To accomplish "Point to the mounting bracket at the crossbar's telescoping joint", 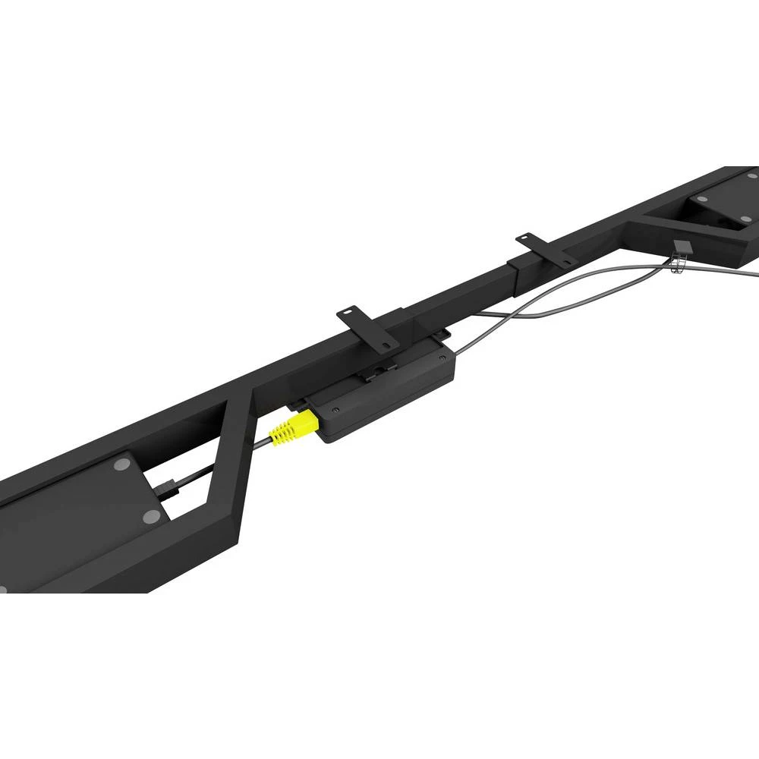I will tap(545, 248).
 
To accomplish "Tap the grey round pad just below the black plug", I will tap(151, 516).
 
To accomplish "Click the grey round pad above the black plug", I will tap(120, 465).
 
